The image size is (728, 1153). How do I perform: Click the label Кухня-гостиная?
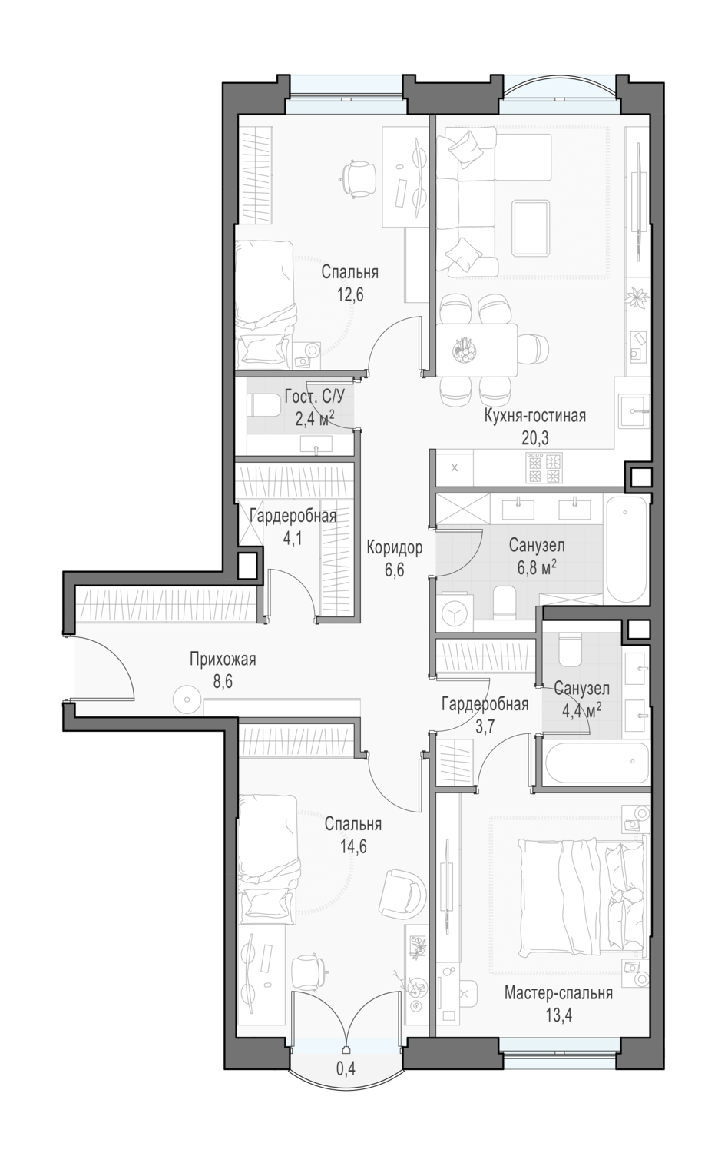(535, 416)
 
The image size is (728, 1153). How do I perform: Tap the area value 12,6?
(350, 295)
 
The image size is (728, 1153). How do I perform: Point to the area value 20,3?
(535, 438)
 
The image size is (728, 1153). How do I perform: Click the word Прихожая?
(223, 659)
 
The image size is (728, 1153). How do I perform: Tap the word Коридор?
(395, 547)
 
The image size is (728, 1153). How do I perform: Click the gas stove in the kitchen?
(544, 468)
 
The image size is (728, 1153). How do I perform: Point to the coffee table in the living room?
(530, 228)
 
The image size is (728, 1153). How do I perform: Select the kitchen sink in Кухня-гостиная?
(634, 410)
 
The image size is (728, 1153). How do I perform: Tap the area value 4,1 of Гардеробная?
(293, 538)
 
